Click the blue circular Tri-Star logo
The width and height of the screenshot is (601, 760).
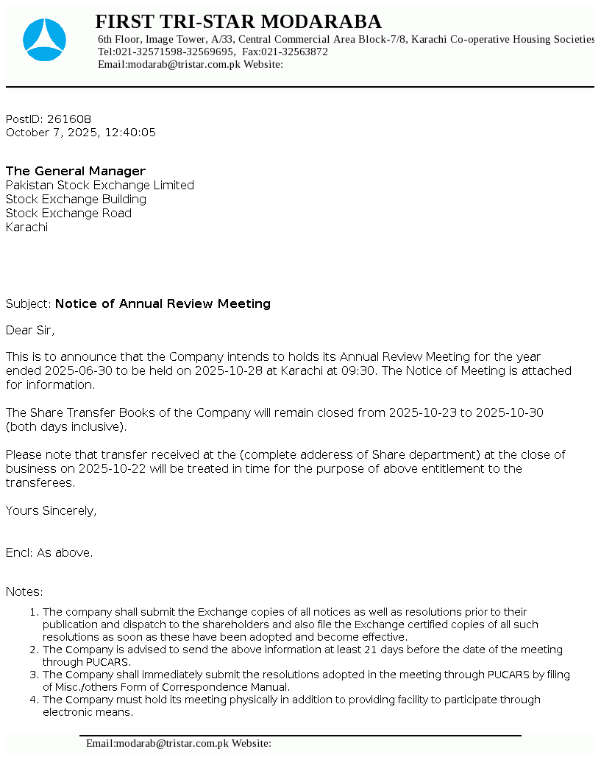tap(44, 40)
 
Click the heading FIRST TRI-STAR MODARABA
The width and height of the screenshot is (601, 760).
tap(238, 21)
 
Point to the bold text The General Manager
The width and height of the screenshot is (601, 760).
tap(76, 172)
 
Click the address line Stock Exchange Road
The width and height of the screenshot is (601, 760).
tap(68, 214)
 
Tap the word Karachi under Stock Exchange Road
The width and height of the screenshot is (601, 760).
tap(26, 228)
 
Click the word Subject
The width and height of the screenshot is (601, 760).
tap(28, 304)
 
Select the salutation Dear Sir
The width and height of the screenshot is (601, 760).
tap(30, 331)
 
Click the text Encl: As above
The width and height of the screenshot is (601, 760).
tap(49, 553)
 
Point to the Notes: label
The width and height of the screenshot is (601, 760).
tap(24, 592)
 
